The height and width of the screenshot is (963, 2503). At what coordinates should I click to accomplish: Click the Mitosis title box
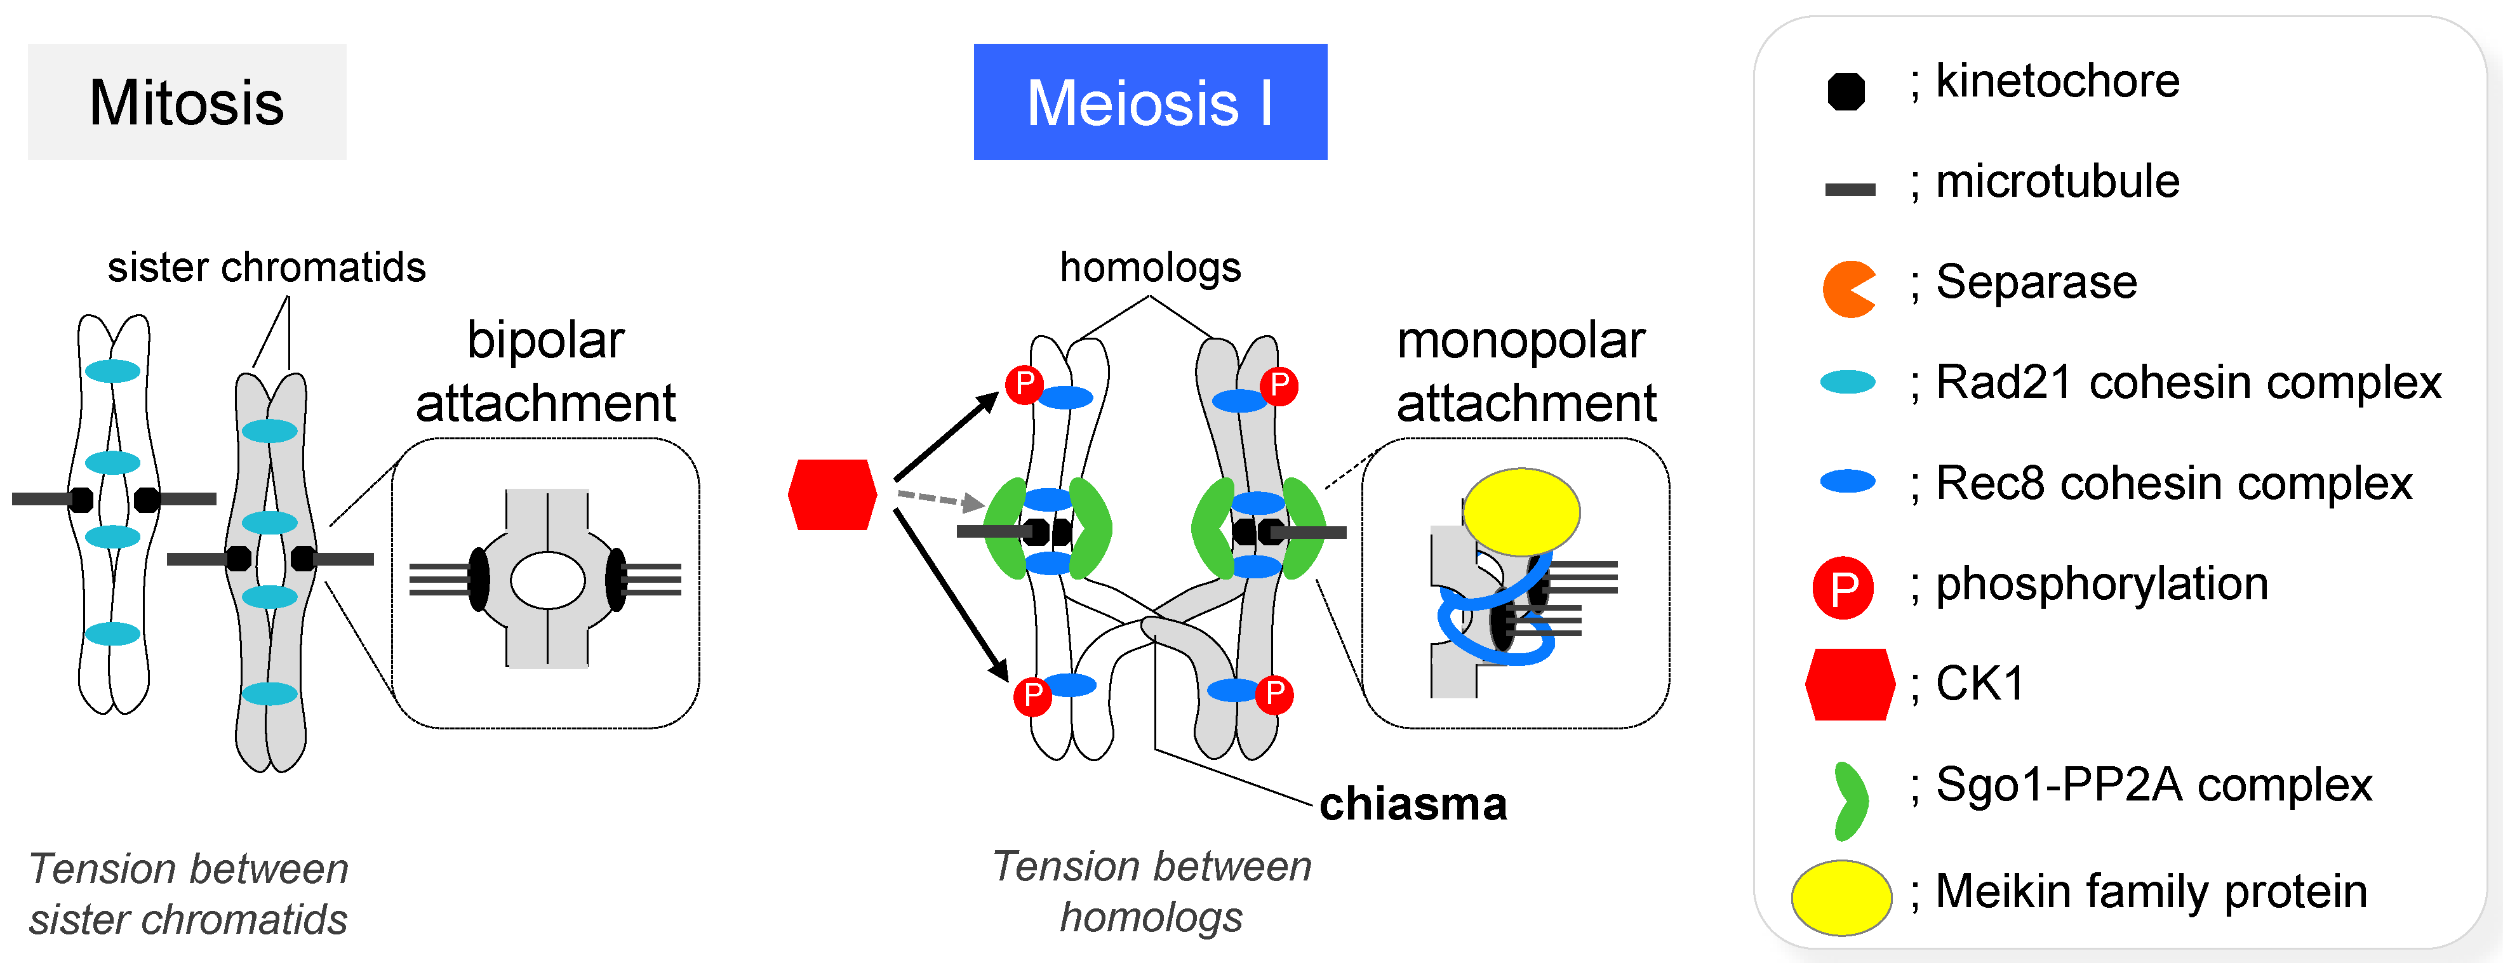(187, 102)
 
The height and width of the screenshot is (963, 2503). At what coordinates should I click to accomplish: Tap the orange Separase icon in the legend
(1846, 289)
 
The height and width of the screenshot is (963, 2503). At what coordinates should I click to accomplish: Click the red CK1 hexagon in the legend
(1849, 684)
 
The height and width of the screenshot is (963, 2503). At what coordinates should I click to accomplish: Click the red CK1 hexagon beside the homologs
(832, 495)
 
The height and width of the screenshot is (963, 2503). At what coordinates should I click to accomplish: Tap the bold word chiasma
(1413, 804)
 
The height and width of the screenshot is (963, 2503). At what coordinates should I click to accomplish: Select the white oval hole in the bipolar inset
(547, 580)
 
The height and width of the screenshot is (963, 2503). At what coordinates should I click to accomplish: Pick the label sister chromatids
(266, 267)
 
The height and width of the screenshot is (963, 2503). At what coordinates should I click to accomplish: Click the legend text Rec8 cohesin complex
(2173, 483)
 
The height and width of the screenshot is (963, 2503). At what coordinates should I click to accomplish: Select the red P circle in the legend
(1843, 588)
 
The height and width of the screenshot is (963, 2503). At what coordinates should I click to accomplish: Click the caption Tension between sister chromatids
(189, 894)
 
